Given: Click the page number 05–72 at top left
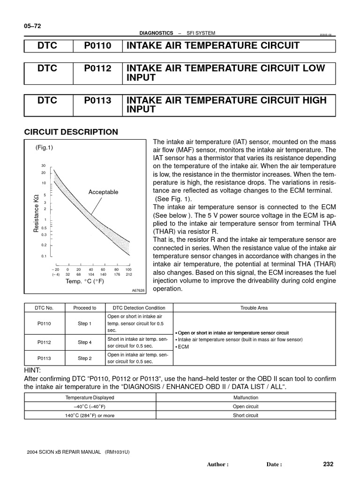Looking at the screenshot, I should [33, 26].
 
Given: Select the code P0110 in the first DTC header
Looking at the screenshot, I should [98, 45].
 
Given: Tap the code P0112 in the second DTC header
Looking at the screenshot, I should [98, 68].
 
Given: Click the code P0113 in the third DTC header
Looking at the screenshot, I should [98, 100].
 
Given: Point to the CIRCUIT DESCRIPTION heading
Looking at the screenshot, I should [71, 132].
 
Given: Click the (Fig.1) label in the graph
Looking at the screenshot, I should [44, 147].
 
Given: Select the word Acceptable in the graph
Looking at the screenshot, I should [103, 192].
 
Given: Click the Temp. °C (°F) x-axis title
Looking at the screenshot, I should [85, 281].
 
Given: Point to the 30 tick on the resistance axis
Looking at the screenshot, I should [43, 166].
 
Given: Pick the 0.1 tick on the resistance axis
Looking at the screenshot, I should [43, 256].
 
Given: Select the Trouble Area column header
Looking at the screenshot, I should [254, 308].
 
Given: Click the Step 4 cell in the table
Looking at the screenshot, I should [85, 342].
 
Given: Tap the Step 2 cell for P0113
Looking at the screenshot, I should [85, 358].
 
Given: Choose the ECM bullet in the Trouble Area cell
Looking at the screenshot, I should [183, 347].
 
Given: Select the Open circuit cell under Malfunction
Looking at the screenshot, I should [246, 406].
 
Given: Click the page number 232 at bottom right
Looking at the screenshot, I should [328, 464].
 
